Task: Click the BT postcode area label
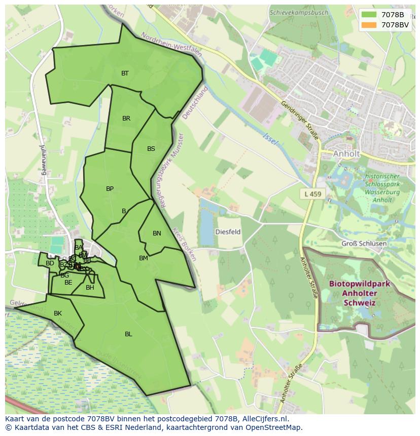tap(125, 73)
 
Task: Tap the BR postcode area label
tap(126, 118)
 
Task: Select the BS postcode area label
tap(151, 149)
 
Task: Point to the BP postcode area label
tap(110, 189)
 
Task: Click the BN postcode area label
tap(157, 233)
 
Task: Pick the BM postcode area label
tap(144, 258)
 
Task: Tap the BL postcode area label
tap(128, 334)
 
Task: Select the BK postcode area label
tap(58, 313)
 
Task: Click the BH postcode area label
tap(90, 288)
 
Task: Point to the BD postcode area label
tap(50, 263)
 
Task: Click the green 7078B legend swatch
tap(369, 15)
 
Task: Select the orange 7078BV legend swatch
tap(369, 25)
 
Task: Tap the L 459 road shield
tap(313, 194)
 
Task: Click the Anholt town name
tap(346, 153)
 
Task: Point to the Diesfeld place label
tap(228, 232)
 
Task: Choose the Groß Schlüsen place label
tap(364, 244)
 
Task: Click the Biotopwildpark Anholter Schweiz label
tap(359, 293)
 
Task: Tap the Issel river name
tap(270, 139)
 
